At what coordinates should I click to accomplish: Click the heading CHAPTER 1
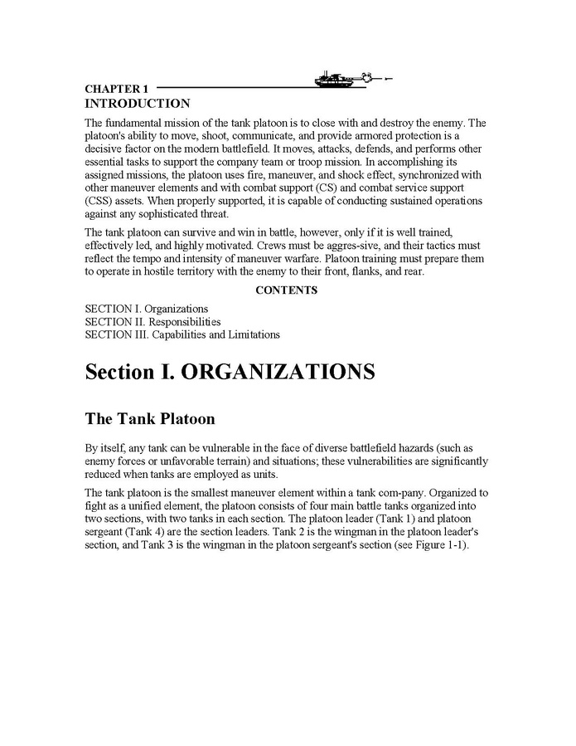click(x=116, y=89)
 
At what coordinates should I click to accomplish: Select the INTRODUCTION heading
click(x=137, y=104)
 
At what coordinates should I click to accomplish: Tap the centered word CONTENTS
click(x=286, y=290)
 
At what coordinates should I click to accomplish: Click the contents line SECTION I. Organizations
click(x=147, y=309)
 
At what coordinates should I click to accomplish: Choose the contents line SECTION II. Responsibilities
click(x=152, y=322)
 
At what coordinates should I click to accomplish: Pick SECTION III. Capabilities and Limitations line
click(x=182, y=335)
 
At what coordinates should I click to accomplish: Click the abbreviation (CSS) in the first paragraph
click(x=99, y=201)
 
